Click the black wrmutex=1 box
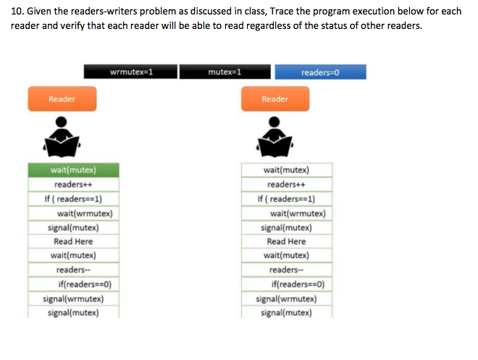click(x=130, y=72)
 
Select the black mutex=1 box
click(x=225, y=72)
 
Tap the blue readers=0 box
click(x=320, y=72)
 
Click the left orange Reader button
click(x=62, y=99)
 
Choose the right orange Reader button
click(x=275, y=99)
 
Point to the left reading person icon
click(x=62, y=137)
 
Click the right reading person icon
click(x=275, y=137)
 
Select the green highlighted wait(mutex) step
click(x=73, y=170)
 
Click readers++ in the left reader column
click(x=73, y=185)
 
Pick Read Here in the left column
click(x=73, y=241)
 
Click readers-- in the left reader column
click(x=73, y=269)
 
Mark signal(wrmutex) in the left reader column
click(x=73, y=298)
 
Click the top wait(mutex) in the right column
click(x=287, y=170)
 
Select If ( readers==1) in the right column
click(x=287, y=198)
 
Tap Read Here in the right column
click(x=287, y=241)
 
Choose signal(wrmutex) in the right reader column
click(x=287, y=298)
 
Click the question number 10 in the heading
click(x=17, y=12)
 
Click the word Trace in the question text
click(x=282, y=12)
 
